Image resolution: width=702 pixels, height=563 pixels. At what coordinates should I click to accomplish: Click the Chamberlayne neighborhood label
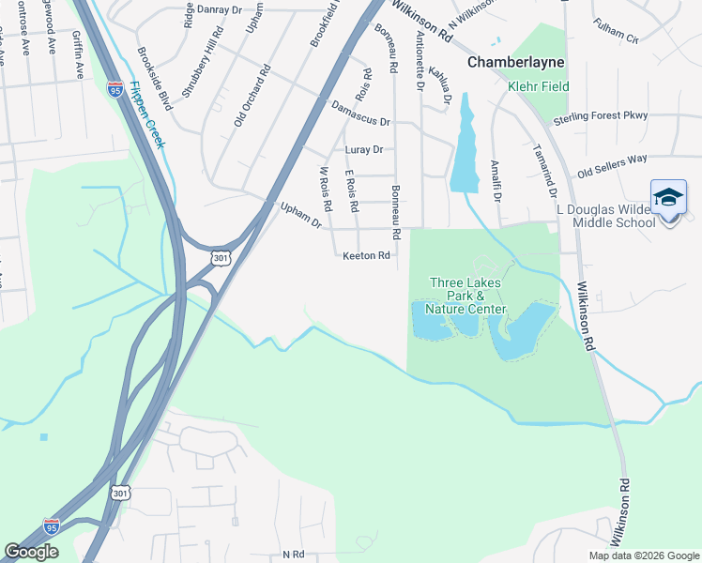tap(512, 62)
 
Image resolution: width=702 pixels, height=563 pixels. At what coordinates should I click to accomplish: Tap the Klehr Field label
tap(533, 86)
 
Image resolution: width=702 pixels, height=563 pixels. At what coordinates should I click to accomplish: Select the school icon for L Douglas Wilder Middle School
tap(668, 198)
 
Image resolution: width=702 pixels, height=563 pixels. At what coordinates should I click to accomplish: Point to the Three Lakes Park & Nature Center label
tap(465, 296)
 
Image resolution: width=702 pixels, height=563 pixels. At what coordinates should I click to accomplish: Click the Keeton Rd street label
tap(366, 255)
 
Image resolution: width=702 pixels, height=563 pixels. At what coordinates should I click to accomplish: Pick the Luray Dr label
tap(364, 149)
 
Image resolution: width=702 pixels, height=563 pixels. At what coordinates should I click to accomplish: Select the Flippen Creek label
tap(147, 115)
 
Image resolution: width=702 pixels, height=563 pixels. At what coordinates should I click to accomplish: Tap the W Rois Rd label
tap(326, 189)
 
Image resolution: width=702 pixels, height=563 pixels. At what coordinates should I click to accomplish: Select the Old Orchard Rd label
tap(252, 95)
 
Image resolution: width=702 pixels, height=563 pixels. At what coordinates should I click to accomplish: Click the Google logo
tap(31, 552)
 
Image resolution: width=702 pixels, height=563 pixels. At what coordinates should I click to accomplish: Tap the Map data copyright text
tap(643, 555)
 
